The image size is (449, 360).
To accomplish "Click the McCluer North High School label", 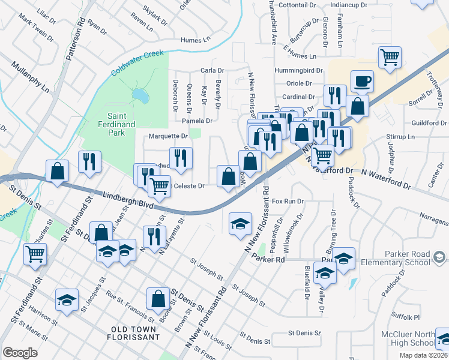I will [407, 338].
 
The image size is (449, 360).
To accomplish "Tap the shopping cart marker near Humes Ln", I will [390, 58].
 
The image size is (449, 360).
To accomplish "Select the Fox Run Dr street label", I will [288, 202].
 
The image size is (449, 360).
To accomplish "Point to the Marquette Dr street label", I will [164, 136].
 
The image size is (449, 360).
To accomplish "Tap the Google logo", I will [20, 352].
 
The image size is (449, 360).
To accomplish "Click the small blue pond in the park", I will [140, 95].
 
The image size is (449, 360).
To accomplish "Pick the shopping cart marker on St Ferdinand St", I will [35, 254].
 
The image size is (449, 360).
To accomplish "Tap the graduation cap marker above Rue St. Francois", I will [67, 300].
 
